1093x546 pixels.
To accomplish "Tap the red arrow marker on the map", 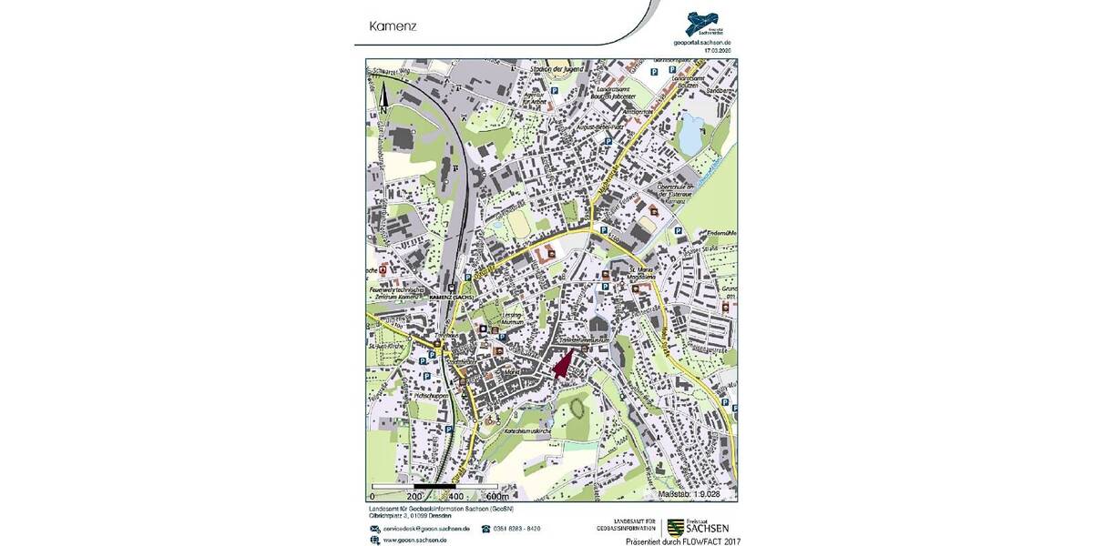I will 563,364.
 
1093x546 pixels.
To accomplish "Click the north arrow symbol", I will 383,96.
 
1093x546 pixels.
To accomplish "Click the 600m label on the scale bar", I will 497,497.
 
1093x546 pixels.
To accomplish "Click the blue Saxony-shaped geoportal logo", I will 703,22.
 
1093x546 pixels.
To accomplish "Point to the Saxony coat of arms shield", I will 676,526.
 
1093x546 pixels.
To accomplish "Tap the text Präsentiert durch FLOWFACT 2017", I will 683,541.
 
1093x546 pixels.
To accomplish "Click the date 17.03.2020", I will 718,51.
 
